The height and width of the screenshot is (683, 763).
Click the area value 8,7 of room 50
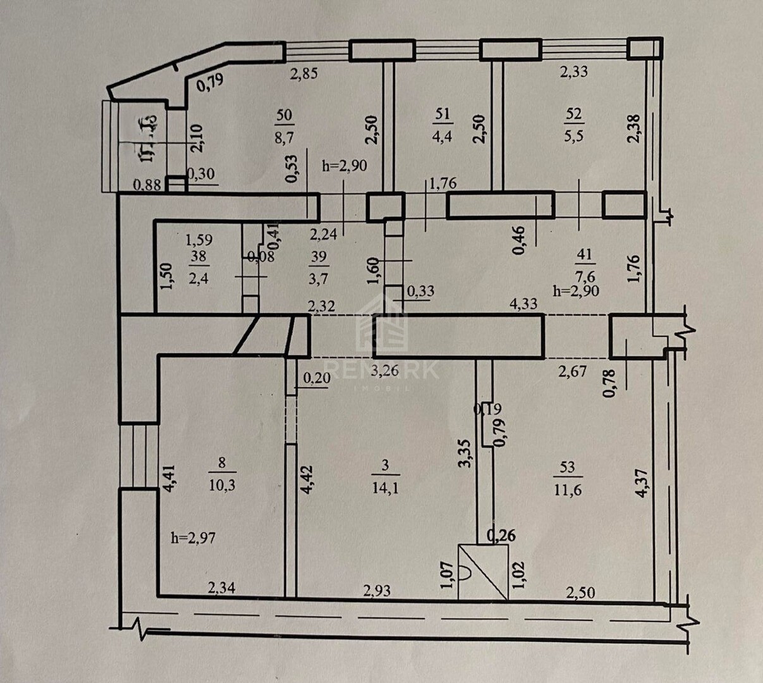[x=284, y=135]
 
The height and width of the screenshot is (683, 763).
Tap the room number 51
[x=443, y=114]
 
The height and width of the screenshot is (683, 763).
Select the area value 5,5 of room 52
[x=574, y=135]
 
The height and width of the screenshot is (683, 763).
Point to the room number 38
[x=198, y=257]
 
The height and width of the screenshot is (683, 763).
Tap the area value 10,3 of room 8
[x=221, y=486]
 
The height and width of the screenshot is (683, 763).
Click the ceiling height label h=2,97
[x=195, y=538]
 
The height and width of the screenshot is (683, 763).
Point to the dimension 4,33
[x=523, y=304]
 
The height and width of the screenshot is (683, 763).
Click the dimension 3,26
[x=385, y=370]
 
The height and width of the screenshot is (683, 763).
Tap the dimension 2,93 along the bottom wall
[x=377, y=591]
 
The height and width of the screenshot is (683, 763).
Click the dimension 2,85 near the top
[x=303, y=73]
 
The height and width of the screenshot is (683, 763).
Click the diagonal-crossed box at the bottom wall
[x=484, y=572]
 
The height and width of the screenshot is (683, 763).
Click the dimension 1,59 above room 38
[x=198, y=240]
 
